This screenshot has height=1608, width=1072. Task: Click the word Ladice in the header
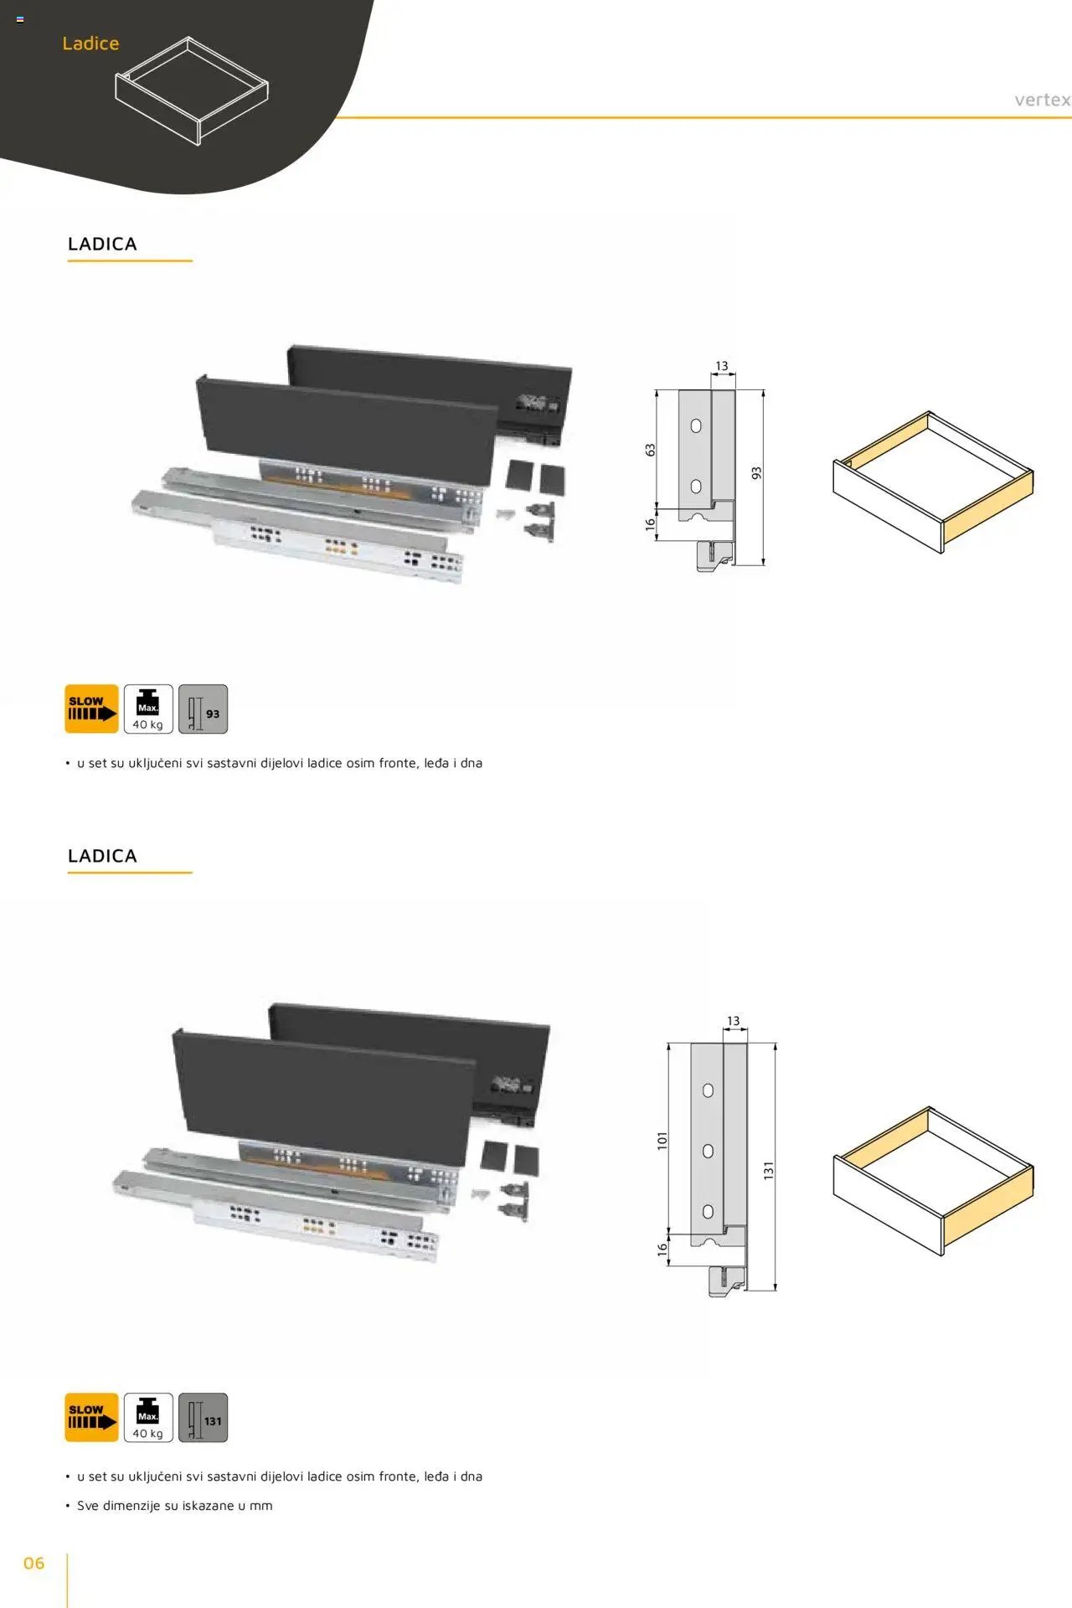pos(90,44)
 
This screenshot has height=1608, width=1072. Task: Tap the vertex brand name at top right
pos(1043,100)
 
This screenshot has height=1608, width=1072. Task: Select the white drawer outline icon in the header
pos(192,90)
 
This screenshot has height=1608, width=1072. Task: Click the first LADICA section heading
pos(102,244)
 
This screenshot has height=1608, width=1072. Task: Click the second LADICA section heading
pos(102,856)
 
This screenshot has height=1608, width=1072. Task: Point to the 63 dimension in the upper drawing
pos(651,450)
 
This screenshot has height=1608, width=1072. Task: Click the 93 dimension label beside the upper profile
pos(756,473)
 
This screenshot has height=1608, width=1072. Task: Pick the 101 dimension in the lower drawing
pos(662,1141)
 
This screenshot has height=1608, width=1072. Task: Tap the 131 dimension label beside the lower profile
pos(768,1171)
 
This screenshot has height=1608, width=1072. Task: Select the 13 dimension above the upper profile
pos(722,366)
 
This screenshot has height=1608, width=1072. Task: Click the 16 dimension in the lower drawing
pos(662,1249)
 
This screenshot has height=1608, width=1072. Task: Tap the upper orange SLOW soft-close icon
pos(91,709)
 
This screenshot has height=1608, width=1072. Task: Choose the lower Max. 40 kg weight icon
pos(148,1417)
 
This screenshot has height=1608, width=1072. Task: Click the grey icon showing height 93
pos(203,709)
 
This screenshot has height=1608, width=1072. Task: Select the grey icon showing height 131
pos(203,1417)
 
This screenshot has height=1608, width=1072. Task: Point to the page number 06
pos(33,1563)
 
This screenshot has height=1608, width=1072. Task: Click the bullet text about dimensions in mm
pos(175,1505)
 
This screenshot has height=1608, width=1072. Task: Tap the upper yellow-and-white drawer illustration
pos(933,482)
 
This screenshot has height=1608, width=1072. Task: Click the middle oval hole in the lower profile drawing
pos(708,1151)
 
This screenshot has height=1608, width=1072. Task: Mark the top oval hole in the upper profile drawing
pos(696,425)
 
